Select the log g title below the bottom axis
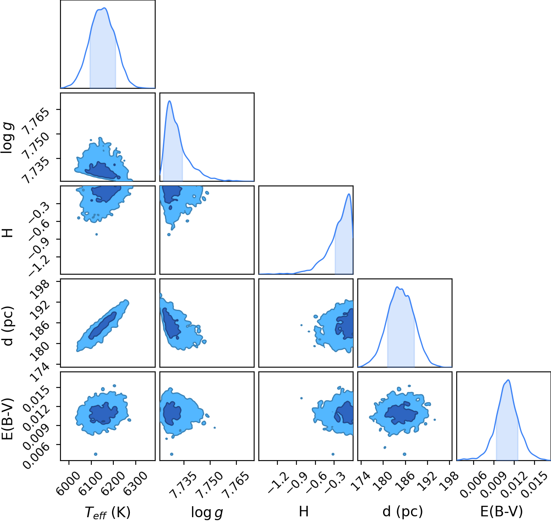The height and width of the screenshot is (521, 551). pos(207,512)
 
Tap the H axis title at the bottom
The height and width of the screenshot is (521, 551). pos(304,511)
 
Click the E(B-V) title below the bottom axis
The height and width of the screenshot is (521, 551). pos(502,512)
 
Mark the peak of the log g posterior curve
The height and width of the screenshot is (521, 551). pos(170,101)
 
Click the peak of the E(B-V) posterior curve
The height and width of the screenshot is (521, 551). pos(508,380)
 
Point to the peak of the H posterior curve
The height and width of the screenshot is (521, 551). pos(348,194)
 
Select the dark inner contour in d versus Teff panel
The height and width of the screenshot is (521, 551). pos(102,325)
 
